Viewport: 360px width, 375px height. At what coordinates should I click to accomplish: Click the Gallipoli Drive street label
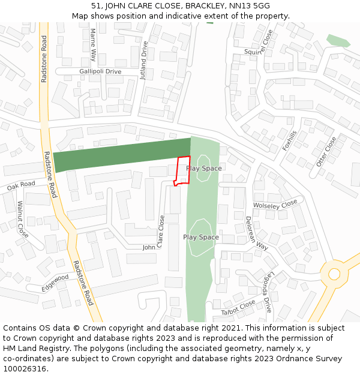coord(100,71)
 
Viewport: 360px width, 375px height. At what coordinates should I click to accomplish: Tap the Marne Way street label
coord(93,45)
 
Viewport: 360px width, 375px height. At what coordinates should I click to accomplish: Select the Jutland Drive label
coord(144,61)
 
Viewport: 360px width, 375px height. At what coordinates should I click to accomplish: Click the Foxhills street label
coord(290,140)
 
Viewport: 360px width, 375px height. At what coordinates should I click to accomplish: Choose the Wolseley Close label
coord(275,205)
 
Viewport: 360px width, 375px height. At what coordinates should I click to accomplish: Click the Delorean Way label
coord(256,233)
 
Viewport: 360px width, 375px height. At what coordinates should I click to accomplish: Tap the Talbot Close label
coord(238,307)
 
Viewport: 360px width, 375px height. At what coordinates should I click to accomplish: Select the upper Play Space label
coord(203,169)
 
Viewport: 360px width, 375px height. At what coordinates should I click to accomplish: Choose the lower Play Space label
coord(200,238)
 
